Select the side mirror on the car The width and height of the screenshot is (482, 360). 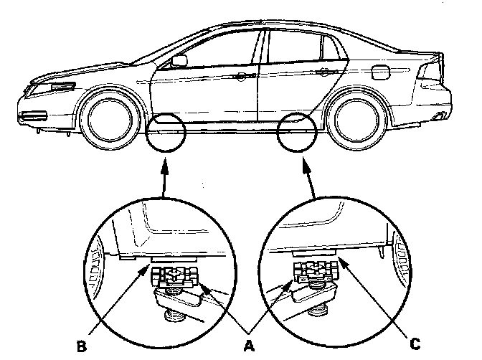tap(180, 60)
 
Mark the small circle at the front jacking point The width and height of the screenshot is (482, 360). tap(165, 131)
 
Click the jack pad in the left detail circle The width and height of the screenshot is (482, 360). tap(176, 275)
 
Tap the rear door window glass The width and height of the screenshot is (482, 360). tap(294, 47)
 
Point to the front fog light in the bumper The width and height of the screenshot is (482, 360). tap(33, 116)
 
